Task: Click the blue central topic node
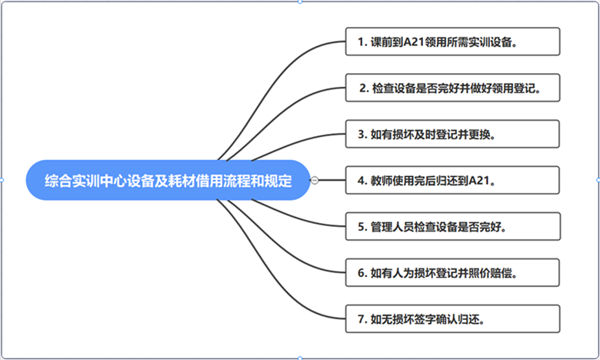[x=168, y=180]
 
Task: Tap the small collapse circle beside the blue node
[x=315, y=180]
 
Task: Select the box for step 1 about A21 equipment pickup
[x=452, y=42]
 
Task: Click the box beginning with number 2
[x=452, y=88]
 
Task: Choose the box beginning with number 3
[x=452, y=134]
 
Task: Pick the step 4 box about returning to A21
[x=452, y=180]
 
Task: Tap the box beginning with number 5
[x=452, y=226]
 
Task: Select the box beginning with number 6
[x=452, y=272]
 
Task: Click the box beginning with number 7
[x=452, y=318]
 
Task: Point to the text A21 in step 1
[x=414, y=42]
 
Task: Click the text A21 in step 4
[x=478, y=180]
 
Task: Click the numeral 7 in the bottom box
[x=361, y=319]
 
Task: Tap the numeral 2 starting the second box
[x=362, y=88]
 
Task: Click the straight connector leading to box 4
[x=332, y=180]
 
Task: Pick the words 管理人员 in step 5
[x=392, y=227]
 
